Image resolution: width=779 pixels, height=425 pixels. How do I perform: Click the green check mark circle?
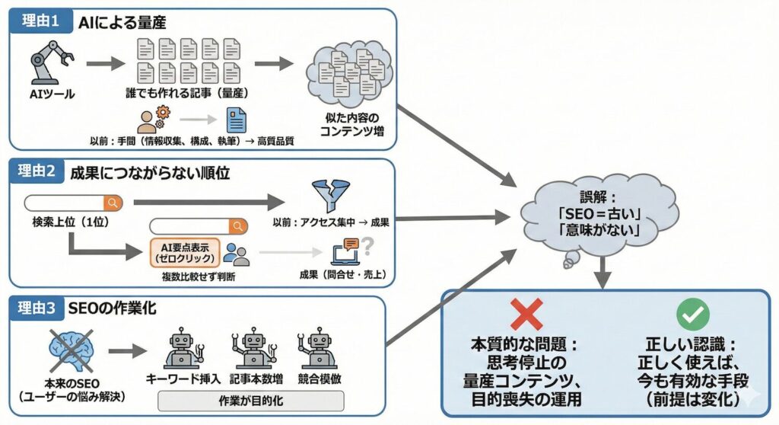692,312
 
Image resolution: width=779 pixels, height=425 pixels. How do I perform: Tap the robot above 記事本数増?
253,350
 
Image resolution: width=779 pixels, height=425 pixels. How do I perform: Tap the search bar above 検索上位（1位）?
73,203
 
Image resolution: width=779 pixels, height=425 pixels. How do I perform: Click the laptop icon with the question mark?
347,251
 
